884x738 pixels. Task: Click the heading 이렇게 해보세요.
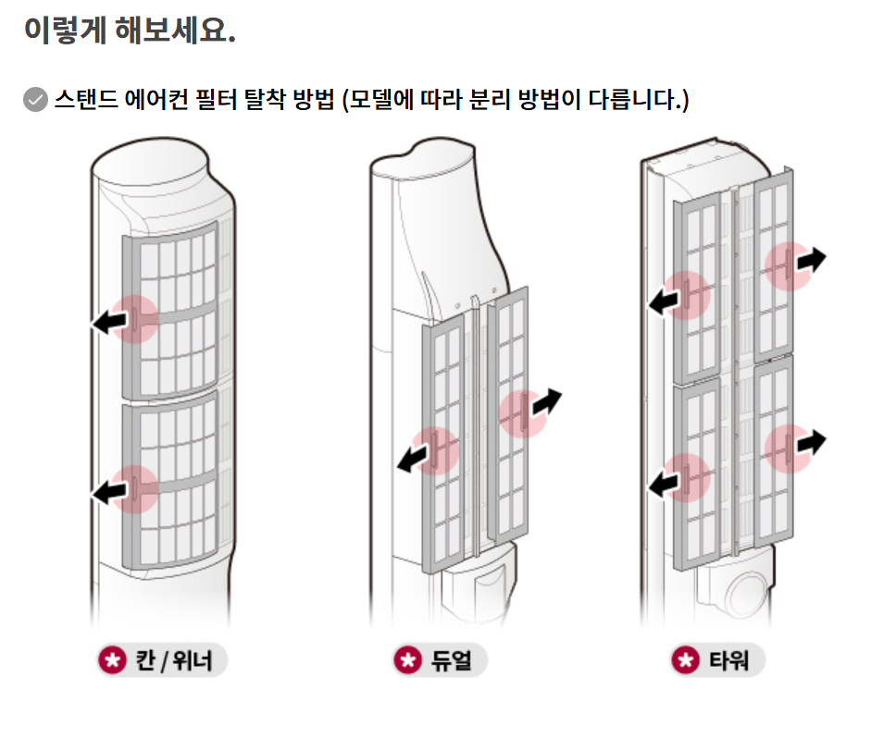(130, 31)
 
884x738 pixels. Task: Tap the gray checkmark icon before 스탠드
(35, 99)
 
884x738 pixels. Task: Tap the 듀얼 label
(451, 660)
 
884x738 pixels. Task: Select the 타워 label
(728, 660)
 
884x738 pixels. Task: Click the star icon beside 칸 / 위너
(112, 660)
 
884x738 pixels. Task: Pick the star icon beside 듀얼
(407, 660)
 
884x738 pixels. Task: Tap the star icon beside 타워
(685, 660)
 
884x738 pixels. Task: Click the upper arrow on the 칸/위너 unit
(109, 321)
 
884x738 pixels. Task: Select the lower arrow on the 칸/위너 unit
(109, 491)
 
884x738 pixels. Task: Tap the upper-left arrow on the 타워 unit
(665, 300)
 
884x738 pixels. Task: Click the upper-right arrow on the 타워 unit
(810, 261)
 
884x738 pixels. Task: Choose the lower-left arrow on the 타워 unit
(665, 481)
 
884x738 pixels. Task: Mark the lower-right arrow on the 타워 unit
(810, 442)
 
